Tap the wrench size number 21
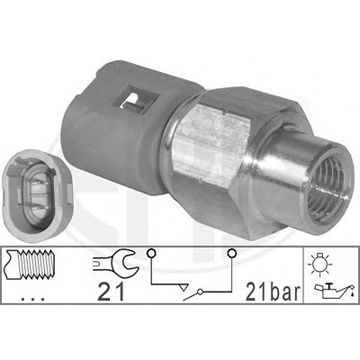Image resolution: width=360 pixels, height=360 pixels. click(111, 292)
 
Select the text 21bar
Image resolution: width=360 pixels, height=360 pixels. click(273, 292)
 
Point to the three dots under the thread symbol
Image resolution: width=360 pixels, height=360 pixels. click(33, 299)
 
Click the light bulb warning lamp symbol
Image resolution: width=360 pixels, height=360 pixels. click(320, 263)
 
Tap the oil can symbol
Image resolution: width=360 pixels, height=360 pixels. click(332, 291)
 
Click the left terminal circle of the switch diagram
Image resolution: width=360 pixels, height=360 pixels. click(151, 254)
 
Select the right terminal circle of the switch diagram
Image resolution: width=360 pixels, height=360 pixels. click(231, 254)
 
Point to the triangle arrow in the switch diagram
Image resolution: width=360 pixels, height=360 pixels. click(183, 286)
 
